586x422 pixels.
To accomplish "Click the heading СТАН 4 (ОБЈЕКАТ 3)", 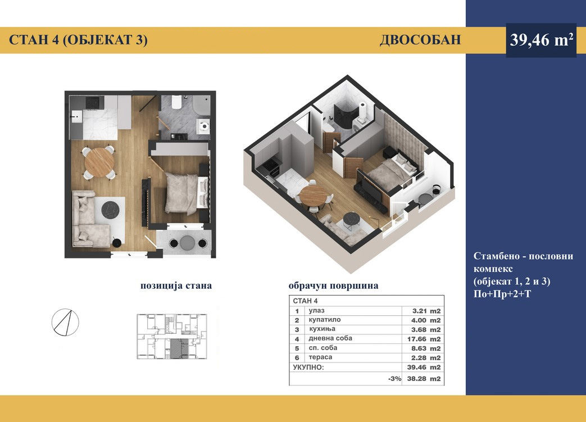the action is coord(78,40).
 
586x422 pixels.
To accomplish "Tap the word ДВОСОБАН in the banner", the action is coord(420,40).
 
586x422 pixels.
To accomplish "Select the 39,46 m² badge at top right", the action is coord(541,40).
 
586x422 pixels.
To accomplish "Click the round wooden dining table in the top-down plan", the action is coord(99,162).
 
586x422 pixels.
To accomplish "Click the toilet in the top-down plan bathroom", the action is coord(177,102).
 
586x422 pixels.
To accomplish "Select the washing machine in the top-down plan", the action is coord(203,126).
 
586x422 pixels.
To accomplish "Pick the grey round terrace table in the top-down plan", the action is coord(187,243).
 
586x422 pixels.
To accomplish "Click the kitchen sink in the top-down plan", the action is coord(77,117).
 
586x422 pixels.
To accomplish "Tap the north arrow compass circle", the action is coord(65,322).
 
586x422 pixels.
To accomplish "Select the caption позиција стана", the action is coord(176,285).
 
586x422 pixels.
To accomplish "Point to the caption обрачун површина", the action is coord(333,285).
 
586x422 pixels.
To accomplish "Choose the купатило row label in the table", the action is coord(325,320).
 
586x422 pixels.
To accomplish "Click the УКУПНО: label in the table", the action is coord(308,367).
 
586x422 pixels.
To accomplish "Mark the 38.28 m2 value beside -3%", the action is coord(424,379).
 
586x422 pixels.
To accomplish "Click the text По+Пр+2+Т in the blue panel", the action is coord(502,294).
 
